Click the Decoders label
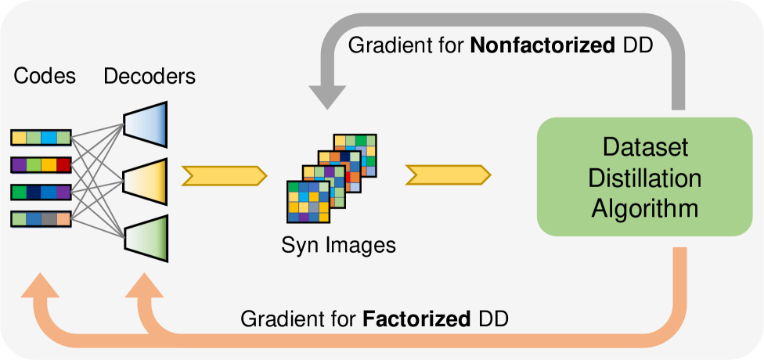(x=150, y=77)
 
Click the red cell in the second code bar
(x=63, y=165)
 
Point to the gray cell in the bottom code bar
(x=49, y=219)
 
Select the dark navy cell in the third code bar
(x=34, y=193)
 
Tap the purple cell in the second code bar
(x=19, y=165)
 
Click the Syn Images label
(x=338, y=246)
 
